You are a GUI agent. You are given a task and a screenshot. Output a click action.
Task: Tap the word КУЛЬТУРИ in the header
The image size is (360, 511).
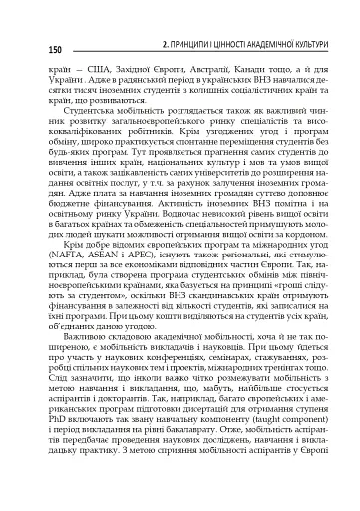(307, 46)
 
